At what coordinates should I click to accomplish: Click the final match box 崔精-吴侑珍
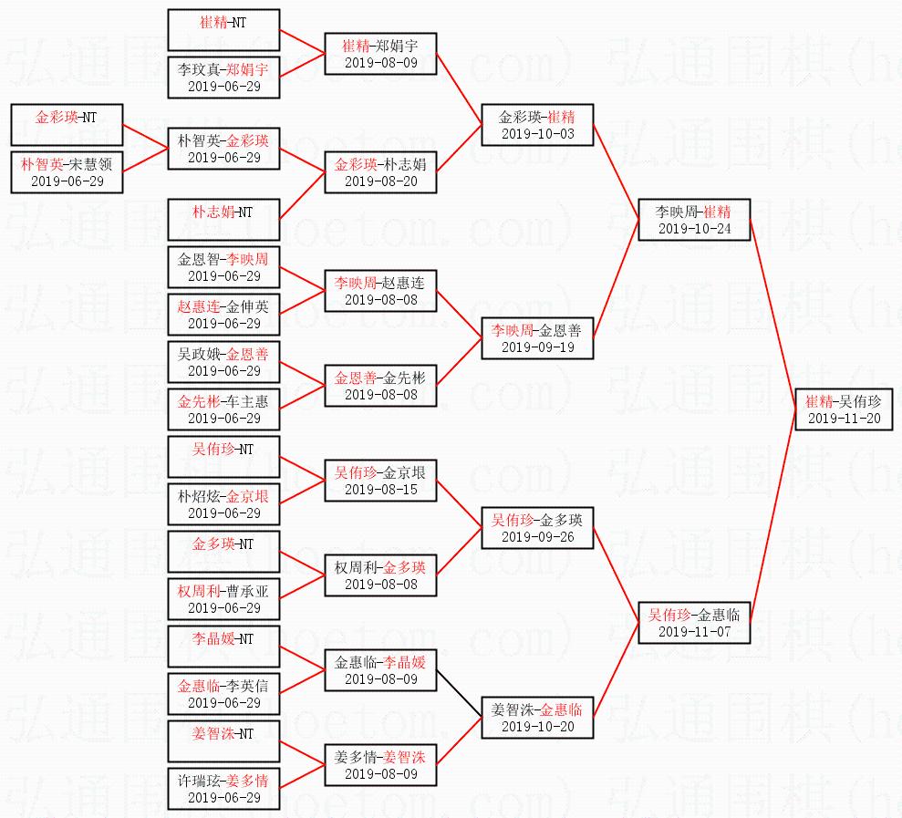tap(844, 409)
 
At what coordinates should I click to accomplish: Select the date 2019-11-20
tap(844, 419)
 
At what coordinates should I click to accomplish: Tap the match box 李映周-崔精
tap(694, 220)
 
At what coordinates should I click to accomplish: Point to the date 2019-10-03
tap(537, 134)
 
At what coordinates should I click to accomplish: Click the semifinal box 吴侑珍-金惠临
tap(694, 623)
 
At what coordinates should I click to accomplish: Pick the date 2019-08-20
tap(380, 181)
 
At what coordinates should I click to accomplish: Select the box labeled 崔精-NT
tap(223, 30)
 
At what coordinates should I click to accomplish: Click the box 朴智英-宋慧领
tap(67, 172)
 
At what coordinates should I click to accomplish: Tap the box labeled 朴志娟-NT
tap(223, 220)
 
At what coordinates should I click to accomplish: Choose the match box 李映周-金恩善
tap(537, 338)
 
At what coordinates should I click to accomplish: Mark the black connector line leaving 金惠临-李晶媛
tap(460, 690)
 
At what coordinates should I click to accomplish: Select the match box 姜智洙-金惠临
tap(537, 718)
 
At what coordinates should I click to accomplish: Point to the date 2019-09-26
tap(537, 537)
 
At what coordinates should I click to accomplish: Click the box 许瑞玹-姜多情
tap(223, 789)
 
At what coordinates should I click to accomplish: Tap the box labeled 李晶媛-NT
tap(223, 647)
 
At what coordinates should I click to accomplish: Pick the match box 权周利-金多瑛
tap(380, 575)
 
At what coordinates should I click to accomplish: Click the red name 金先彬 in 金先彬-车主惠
tap(197, 401)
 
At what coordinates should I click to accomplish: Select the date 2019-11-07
tap(694, 632)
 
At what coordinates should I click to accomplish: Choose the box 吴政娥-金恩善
tap(223, 362)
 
